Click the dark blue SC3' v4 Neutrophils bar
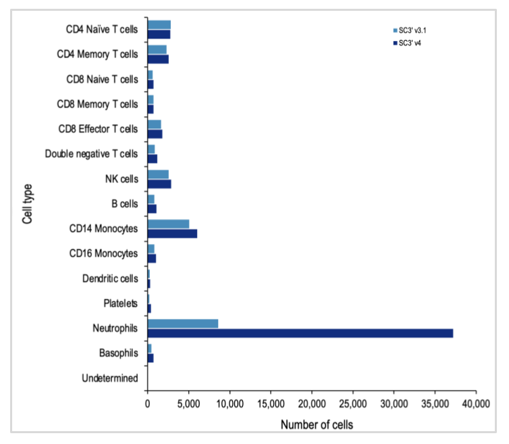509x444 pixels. pyautogui.click(x=300, y=332)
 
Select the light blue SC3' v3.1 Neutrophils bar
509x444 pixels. pyautogui.click(x=183, y=324)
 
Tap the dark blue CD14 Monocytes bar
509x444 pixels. pyautogui.click(x=172, y=233)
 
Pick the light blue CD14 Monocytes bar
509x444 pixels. pyautogui.click(x=168, y=224)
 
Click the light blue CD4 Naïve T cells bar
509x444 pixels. pyautogui.click(x=159, y=24)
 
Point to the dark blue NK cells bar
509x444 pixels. pyautogui.click(x=159, y=184)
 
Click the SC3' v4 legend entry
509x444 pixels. pyautogui.click(x=409, y=43)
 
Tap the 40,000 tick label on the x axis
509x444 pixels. pyautogui.click(x=475, y=403)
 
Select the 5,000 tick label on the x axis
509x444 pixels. pyautogui.click(x=188, y=403)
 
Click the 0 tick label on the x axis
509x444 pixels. pyautogui.click(x=148, y=403)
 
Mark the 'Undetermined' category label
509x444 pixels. pyautogui.click(x=109, y=378)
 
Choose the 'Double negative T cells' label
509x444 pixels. pyautogui.click(x=91, y=153)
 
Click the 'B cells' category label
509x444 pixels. pyautogui.click(x=124, y=203)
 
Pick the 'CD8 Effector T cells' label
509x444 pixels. pyautogui.click(x=98, y=128)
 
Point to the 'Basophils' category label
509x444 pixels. pyautogui.click(x=118, y=353)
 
